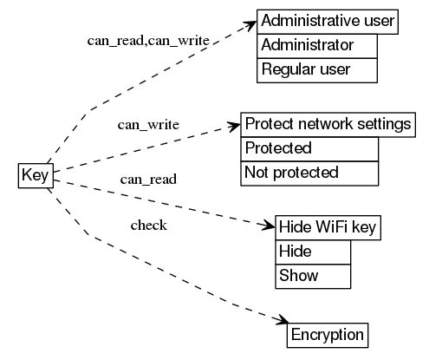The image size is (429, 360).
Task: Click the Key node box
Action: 35,174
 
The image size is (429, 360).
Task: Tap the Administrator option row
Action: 317,45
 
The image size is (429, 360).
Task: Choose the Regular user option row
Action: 317,69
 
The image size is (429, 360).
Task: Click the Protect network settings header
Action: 328,124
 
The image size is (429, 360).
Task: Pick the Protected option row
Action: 309,148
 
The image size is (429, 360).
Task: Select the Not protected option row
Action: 309,173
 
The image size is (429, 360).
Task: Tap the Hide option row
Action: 313,252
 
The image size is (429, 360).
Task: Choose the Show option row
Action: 313,277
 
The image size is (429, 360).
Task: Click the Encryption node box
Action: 328,335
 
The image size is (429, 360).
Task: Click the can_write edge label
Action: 148,125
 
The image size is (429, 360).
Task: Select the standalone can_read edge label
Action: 148,180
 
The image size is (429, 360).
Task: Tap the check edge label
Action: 148,226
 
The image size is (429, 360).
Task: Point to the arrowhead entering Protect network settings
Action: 233,127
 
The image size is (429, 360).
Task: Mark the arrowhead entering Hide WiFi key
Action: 269,226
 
